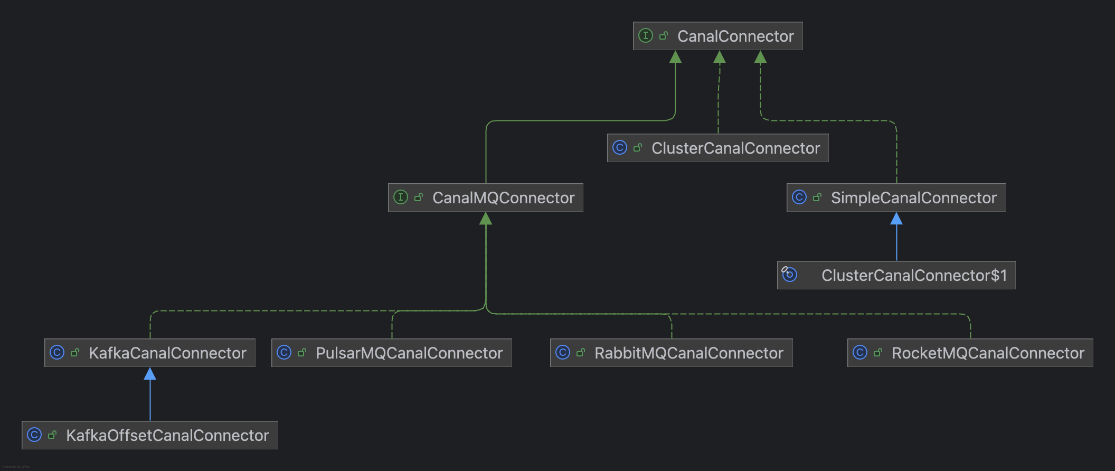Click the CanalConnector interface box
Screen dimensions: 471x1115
point(717,36)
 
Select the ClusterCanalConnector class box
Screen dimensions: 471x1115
point(717,148)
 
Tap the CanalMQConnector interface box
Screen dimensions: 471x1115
point(485,197)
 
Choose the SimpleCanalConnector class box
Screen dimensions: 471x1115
point(896,197)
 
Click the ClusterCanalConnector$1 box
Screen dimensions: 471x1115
point(896,275)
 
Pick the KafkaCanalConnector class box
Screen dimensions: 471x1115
point(150,353)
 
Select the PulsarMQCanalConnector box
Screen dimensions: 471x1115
point(391,353)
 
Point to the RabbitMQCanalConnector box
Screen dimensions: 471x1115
point(671,353)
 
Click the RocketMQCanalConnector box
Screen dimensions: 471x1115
point(970,353)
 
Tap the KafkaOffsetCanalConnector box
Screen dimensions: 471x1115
point(150,435)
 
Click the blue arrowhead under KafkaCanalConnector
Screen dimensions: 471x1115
point(150,374)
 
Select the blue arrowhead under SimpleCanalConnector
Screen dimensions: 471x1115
point(896,219)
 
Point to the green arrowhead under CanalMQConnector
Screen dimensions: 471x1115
point(486,219)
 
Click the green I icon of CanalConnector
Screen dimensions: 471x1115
point(646,35)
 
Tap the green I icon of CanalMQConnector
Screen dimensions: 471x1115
point(401,197)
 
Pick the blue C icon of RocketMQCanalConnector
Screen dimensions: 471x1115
point(860,352)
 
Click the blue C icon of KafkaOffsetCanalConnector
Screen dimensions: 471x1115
point(34,435)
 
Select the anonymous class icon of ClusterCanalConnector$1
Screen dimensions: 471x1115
point(789,274)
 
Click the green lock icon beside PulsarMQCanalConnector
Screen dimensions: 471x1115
point(302,352)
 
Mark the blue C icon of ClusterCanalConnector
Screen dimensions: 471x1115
point(620,147)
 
